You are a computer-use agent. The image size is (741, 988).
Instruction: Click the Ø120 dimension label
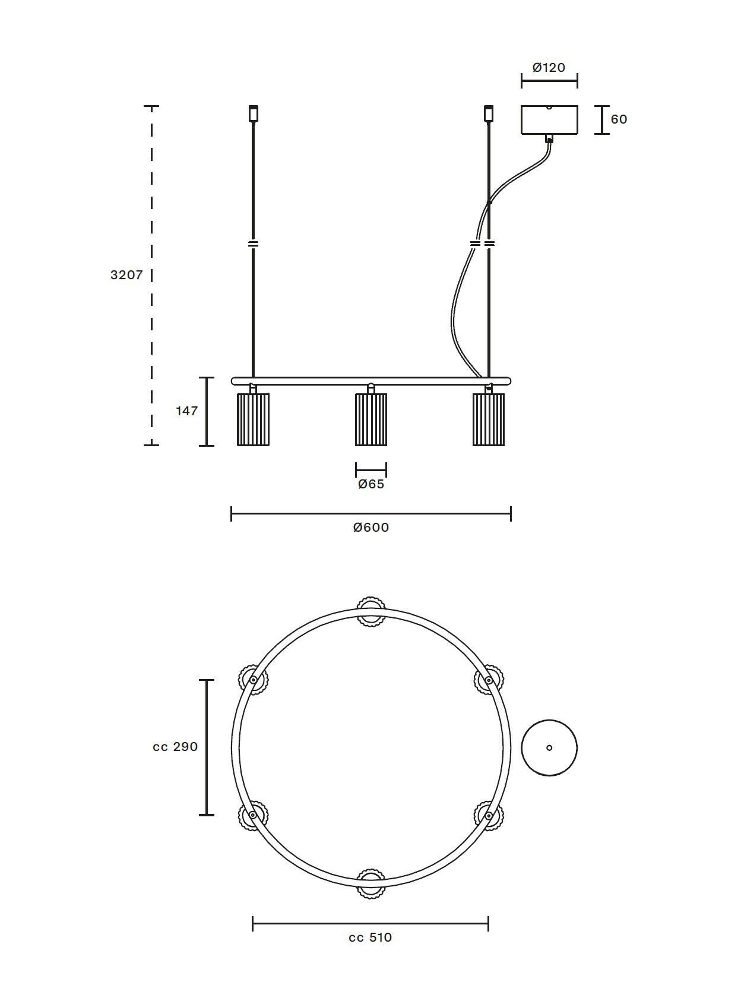(549, 68)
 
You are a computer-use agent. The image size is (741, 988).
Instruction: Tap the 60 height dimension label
(619, 119)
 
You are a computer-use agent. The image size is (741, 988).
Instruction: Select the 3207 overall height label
(126, 275)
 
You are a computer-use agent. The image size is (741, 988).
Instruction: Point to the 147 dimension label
(186, 411)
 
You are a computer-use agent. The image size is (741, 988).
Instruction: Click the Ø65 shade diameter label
(371, 484)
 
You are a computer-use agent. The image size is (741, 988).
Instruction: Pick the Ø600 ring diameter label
(371, 528)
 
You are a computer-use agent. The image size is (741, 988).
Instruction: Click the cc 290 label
(175, 747)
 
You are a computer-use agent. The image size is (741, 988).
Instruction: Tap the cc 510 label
(370, 938)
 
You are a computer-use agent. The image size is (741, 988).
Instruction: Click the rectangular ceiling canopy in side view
(549, 120)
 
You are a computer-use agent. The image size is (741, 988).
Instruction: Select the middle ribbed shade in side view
(371, 419)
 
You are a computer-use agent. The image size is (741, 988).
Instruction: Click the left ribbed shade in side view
(253, 419)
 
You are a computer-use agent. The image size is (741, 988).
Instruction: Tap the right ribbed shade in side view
(489, 419)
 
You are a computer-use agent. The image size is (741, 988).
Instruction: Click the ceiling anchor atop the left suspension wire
(254, 113)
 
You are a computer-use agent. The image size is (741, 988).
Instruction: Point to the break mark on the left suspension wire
(254, 244)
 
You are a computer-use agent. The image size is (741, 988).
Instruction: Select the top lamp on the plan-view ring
(371, 611)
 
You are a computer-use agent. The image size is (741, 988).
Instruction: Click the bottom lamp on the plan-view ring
(371, 883)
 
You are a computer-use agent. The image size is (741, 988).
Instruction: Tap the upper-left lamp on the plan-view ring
(254, 680)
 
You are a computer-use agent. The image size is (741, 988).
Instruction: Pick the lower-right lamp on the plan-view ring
(489, 816)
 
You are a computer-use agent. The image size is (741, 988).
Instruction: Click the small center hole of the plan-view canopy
(549, 748)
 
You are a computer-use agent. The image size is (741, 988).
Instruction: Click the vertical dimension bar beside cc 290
(207, 747)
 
